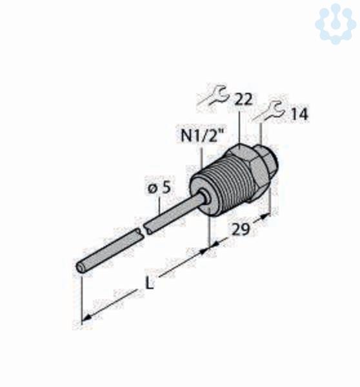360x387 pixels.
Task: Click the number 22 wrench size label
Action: pyautogui.click(x=243, y=99)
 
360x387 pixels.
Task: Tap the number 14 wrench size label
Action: pyautogui.click(x=299, y=114)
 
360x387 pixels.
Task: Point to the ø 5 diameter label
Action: pyautogui.click(x=159, y=188)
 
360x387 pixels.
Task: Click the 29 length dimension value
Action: pyautogui.click(x=241, y=230)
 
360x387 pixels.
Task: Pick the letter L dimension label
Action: pyautogui.click(x=149, y=283)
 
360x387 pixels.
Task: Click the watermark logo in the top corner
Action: pyautogui.click(x=335, y=23)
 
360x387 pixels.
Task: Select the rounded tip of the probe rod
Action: pyautogui.click(x=80, y=268)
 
